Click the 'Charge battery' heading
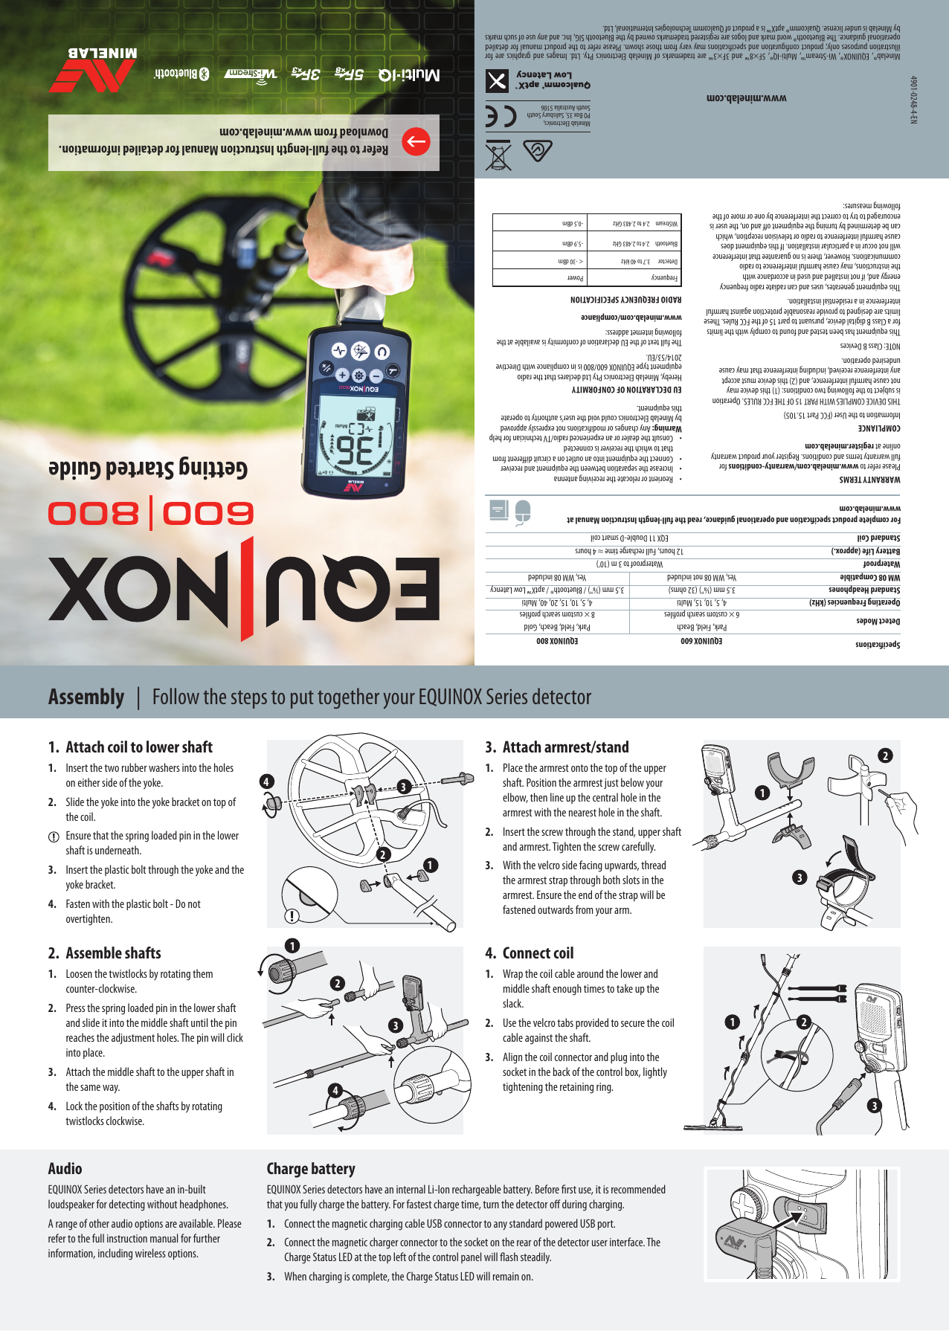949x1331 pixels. click(x=311, y=1169)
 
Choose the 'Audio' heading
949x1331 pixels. click(x=65, y=1169)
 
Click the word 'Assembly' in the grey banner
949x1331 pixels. click(x=86, y=697)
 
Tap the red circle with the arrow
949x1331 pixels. click(x=416, y=141)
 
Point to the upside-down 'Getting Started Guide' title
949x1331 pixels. click(x=148, y=468)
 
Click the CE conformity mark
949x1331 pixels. click(x=501, y=116)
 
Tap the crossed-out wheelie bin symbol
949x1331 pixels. click(x=498, y=155)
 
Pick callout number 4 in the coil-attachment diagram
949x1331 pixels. click(x=266, y=781)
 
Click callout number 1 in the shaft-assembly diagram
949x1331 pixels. click(x=292, y=946)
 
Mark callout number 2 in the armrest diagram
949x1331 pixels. click(x=885, y=755)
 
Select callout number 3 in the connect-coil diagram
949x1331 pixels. click(x=875, y=1106)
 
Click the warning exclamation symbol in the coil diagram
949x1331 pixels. click(x=292, y=916)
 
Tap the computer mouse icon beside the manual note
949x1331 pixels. click(x=523, y=512)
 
